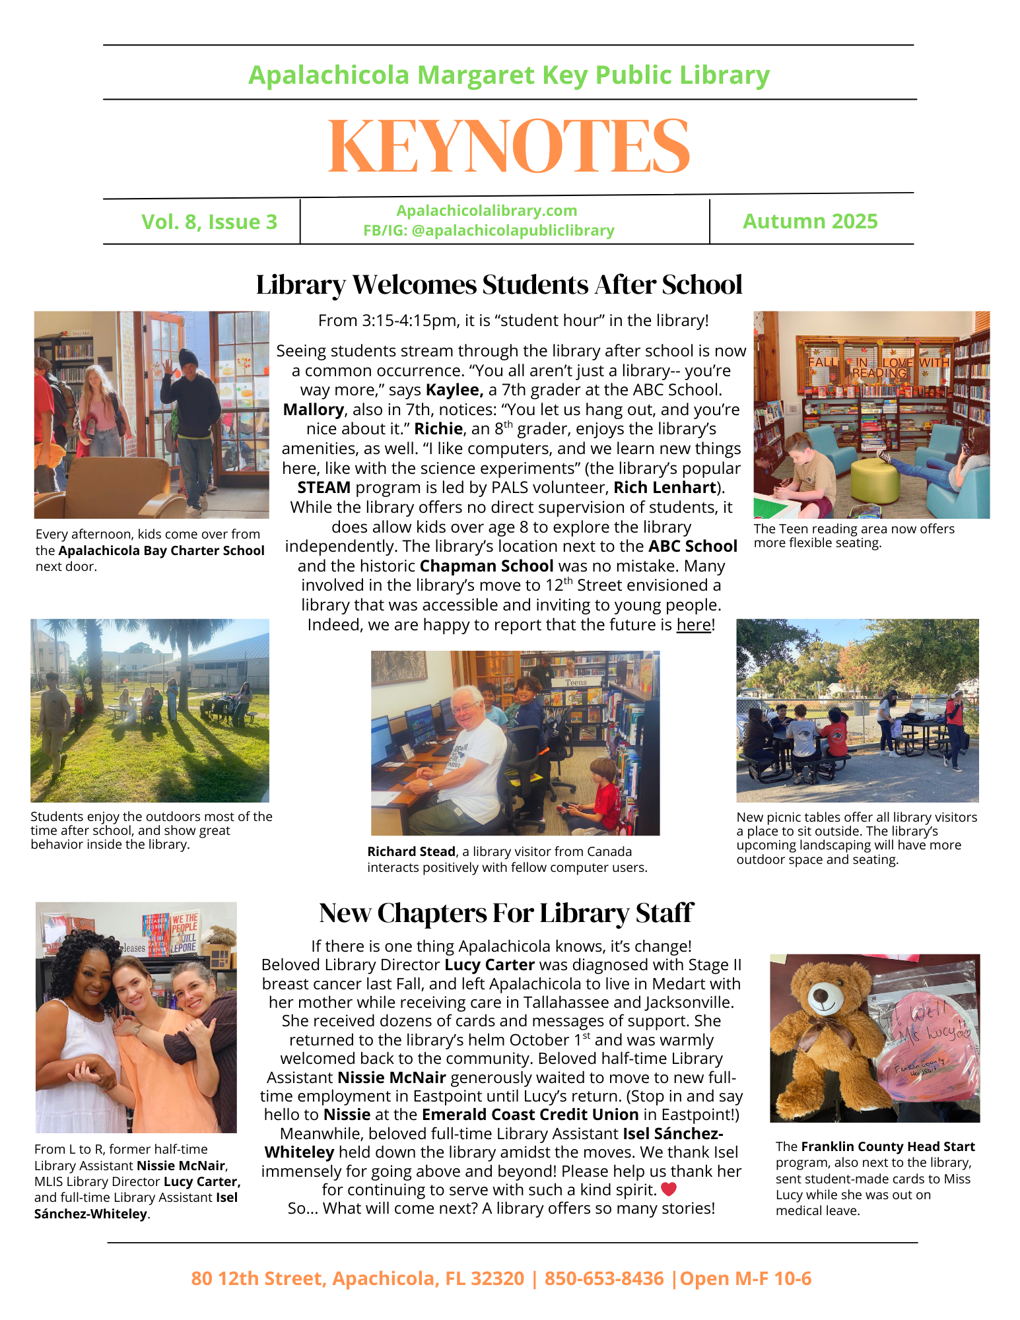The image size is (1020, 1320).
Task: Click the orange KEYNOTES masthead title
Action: coord(509,147)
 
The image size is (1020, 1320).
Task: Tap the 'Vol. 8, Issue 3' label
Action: coord(209,222)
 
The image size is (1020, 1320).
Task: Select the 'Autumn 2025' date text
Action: coord(810,221)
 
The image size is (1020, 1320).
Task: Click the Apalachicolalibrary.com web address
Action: coord(487,211)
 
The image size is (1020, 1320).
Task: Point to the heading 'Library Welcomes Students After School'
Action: coord(499,284)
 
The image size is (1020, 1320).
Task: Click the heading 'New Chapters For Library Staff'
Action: coord(506,913)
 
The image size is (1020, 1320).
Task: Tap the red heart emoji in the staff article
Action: coord(669,1189)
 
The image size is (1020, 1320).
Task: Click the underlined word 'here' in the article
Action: coord(693,624)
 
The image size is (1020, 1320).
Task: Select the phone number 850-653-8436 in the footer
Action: coord(604,1278)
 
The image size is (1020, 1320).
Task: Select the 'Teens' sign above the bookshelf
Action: coord(576,682)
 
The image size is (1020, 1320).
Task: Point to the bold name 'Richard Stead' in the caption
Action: coord(411,851)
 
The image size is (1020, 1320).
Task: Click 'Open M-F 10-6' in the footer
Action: coord(745,1278)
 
